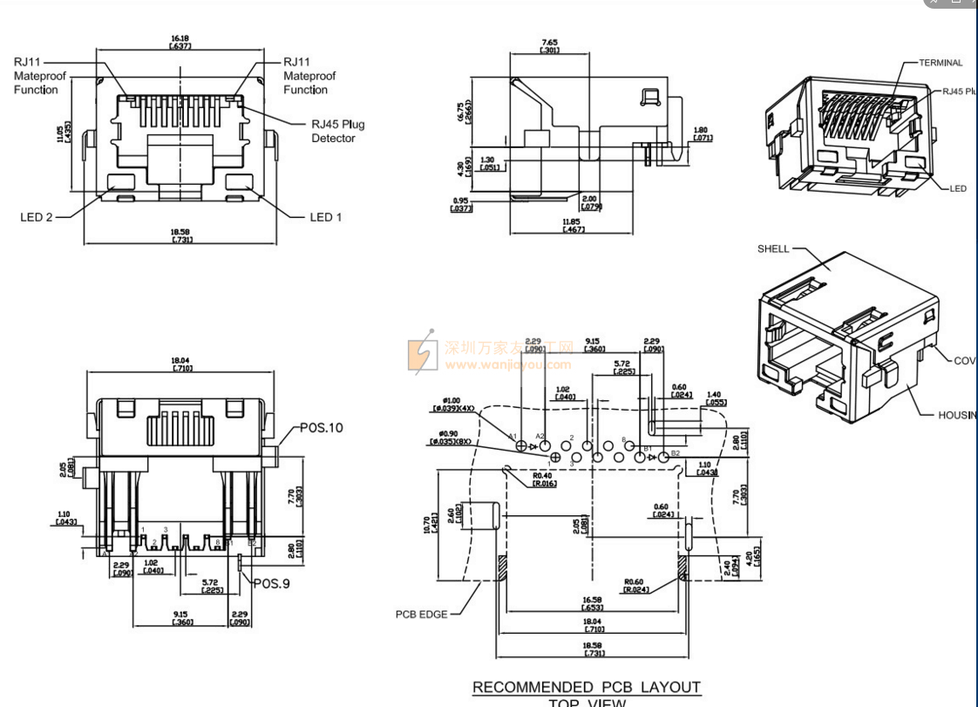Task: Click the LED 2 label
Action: point(37,217)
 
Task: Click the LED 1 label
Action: point(326,217)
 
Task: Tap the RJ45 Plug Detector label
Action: point(338,131)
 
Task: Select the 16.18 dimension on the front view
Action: point(181,39)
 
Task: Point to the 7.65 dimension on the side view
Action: point(550,42)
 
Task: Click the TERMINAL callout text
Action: point(941,63)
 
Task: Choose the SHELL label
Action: point(773,249)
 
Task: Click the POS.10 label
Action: point(322,427)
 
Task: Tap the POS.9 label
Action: point(271,583)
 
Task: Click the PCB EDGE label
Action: point(421,615)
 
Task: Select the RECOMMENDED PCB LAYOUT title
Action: point(587,688)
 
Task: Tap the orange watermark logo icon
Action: point(424,353)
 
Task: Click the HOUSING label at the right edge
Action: point(957,415)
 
